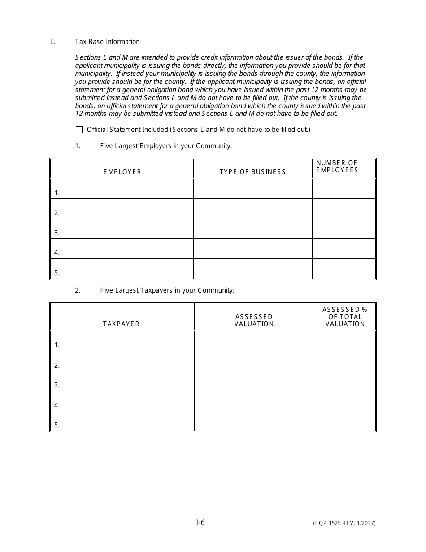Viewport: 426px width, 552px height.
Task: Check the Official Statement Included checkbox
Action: click(79, 130)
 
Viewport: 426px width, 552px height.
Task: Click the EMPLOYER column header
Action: click(122, 172)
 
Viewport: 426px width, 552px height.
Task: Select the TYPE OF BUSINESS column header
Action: click(252, 172)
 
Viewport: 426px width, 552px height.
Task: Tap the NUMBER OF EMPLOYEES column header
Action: click(337, 166)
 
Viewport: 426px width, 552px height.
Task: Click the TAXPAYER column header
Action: click(122, 324)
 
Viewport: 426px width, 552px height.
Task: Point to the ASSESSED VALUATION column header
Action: click(254, 320)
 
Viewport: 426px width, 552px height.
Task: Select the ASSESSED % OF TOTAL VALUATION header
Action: click(345, 316)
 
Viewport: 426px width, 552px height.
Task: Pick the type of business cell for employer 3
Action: click(252, 228)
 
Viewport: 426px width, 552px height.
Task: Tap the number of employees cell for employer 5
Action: click(343, 268)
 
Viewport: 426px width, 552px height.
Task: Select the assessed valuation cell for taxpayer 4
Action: click(254, 401)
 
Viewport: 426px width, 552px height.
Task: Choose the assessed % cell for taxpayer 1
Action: click(344, 341)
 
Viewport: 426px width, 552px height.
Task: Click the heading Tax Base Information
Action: click(107, 42)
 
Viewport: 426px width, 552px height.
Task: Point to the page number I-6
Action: click(200, 522)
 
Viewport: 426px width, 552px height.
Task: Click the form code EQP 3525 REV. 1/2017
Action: click(344, 523)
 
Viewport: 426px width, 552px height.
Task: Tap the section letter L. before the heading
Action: click(53, 42)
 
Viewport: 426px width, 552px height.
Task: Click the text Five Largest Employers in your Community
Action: click(166, 146)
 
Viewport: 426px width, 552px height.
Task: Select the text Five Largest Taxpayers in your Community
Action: click(167, 290)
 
